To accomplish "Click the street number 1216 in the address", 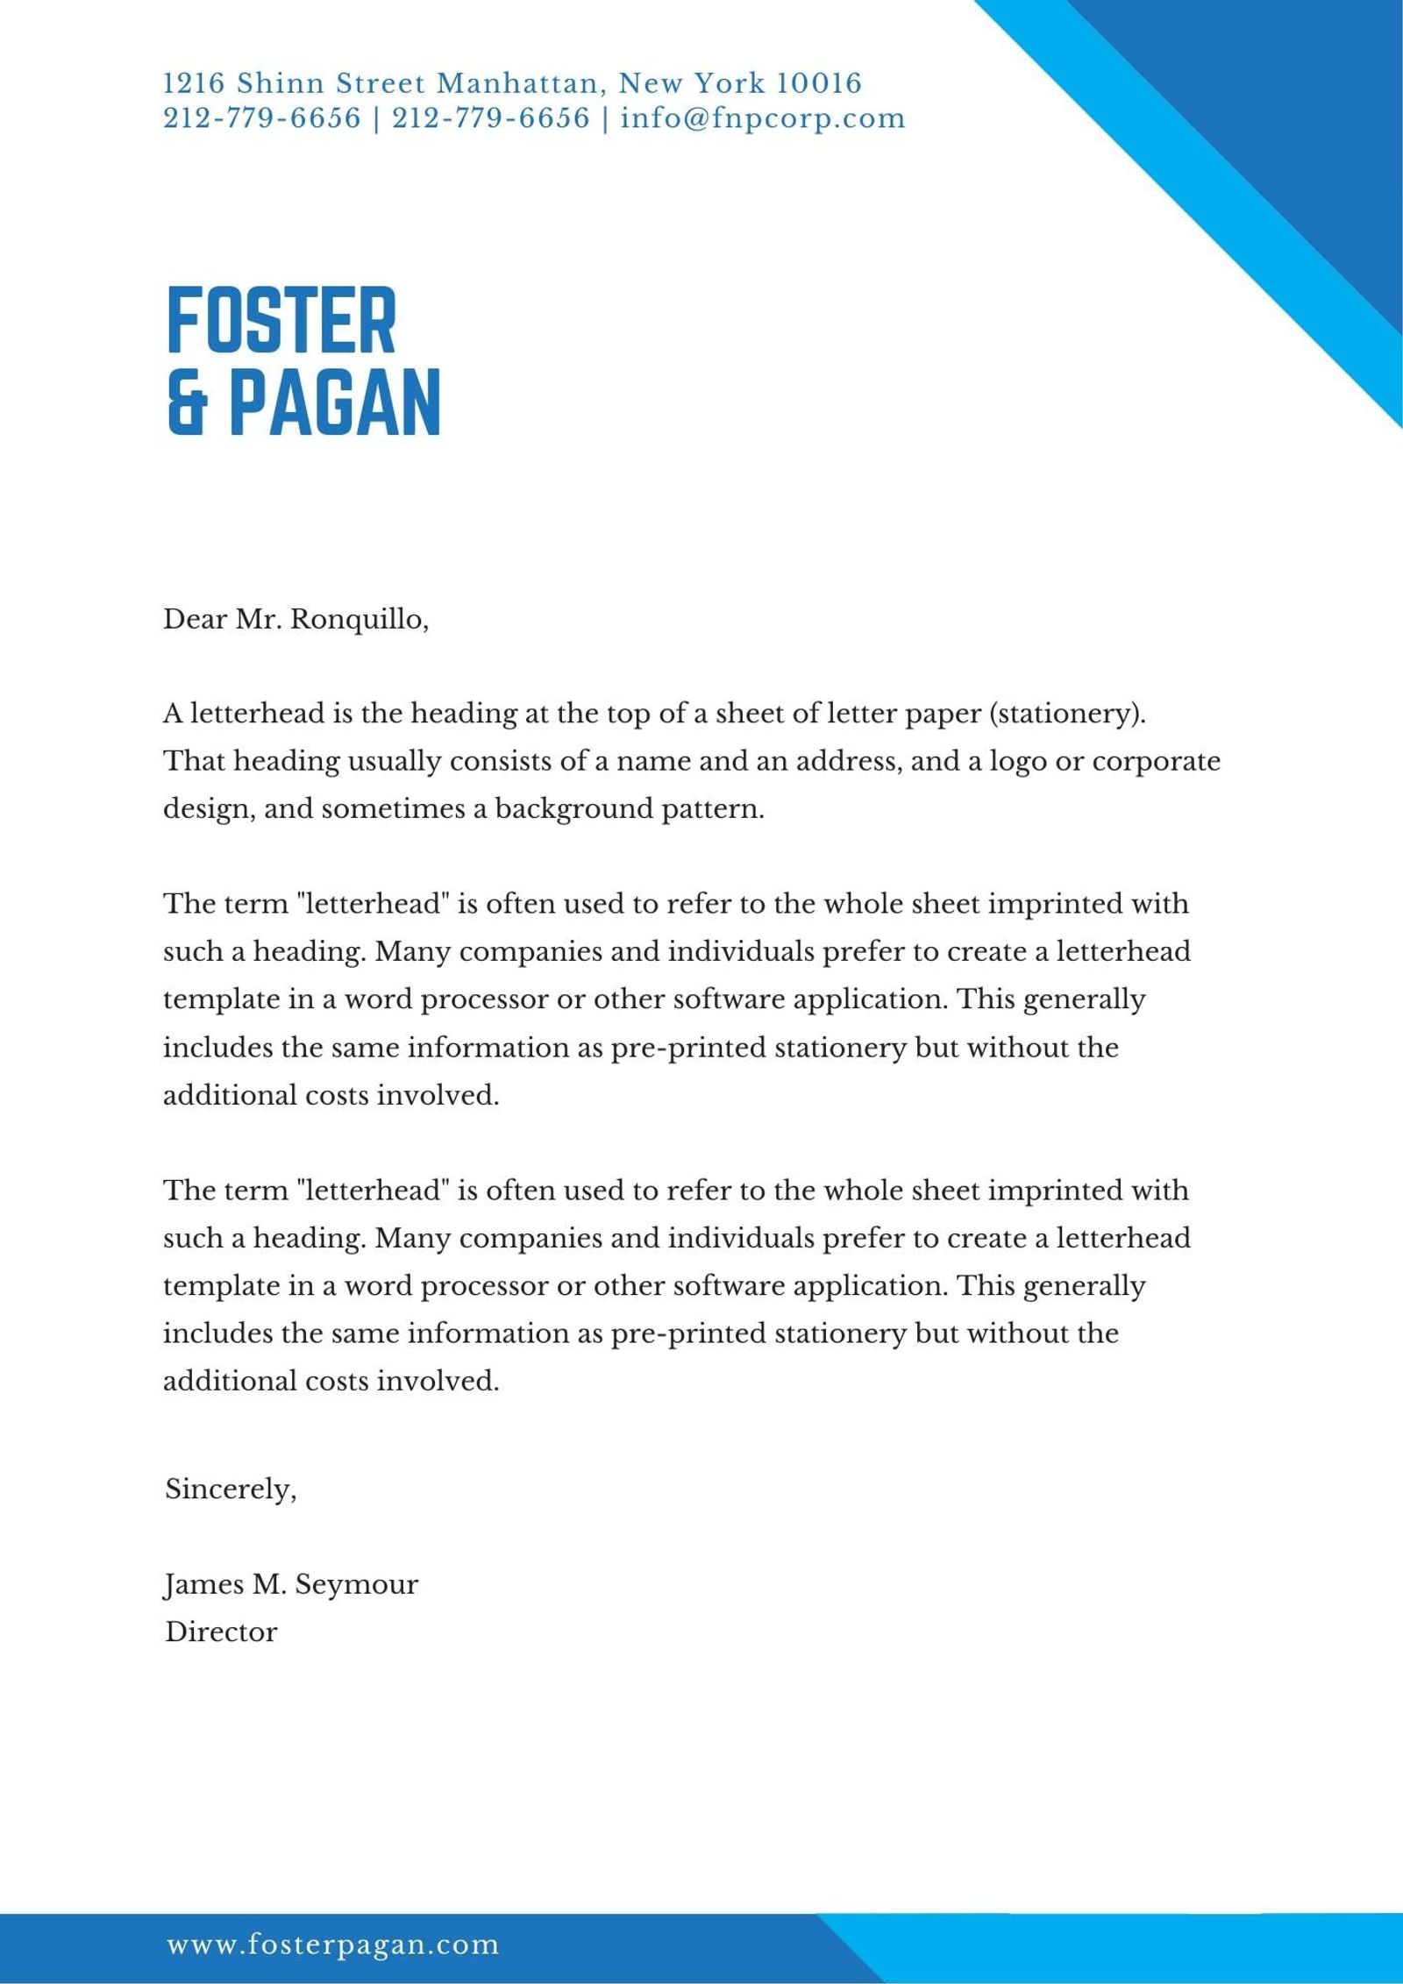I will point(195,84).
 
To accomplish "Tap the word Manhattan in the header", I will point(518,84).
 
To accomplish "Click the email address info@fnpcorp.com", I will point(762,118).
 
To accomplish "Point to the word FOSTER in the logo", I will point(281,320).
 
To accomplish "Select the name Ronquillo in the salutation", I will point(359,620).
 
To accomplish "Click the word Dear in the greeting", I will point(195,620).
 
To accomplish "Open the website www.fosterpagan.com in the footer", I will point(332,1945).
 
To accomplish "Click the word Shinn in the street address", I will point(281,84).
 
